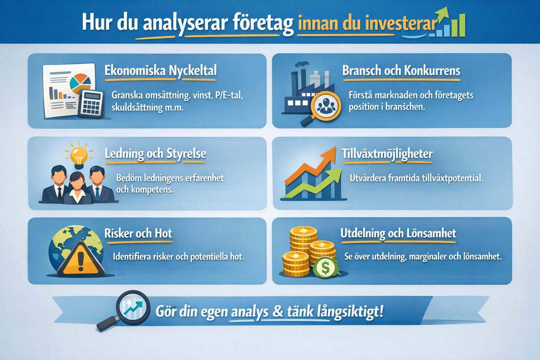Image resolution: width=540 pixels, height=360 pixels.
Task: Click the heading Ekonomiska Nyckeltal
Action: [160, 71]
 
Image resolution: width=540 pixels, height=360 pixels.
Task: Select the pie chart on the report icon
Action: [80, 82]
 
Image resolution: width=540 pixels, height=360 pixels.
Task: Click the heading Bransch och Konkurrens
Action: [401, 71]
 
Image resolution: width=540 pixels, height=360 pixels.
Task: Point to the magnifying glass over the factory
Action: [326, 106]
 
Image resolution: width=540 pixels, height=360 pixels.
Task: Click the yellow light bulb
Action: [78, 155]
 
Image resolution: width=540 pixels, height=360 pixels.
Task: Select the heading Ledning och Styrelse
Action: [155, 154]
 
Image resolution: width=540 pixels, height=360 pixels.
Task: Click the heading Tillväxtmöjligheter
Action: [387, 154]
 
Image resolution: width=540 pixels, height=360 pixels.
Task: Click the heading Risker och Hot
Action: [138, 233]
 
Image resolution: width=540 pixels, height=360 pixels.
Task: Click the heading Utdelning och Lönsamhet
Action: [398, 233]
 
